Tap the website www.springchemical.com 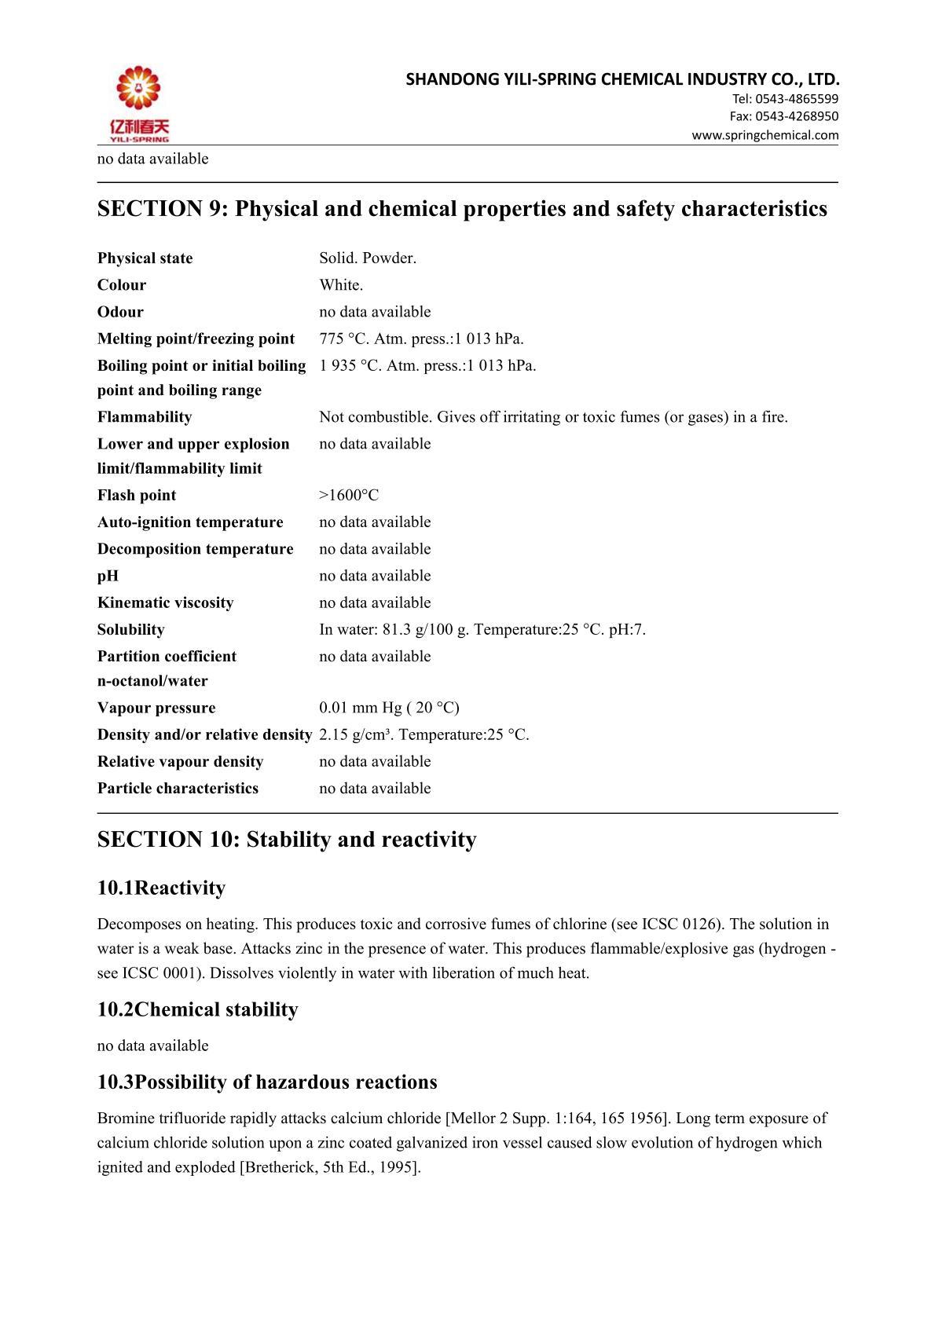click(764, 135)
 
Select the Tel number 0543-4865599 click(797, 99)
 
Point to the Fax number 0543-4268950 click(797, 116)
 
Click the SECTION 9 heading click(462, 209)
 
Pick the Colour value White click(341, 285)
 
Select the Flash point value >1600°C click(349, 495)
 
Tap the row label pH click(108, 576)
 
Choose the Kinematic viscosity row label click(166, 602)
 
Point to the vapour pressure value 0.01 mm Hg click(361, 708)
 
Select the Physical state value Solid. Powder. click(368, 258)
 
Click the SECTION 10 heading click(287, 840)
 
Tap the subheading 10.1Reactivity click(161, 888)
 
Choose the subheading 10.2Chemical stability click(198, 1009)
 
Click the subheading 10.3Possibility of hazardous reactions click(267, 1082)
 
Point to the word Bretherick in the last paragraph click(279, 1167)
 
